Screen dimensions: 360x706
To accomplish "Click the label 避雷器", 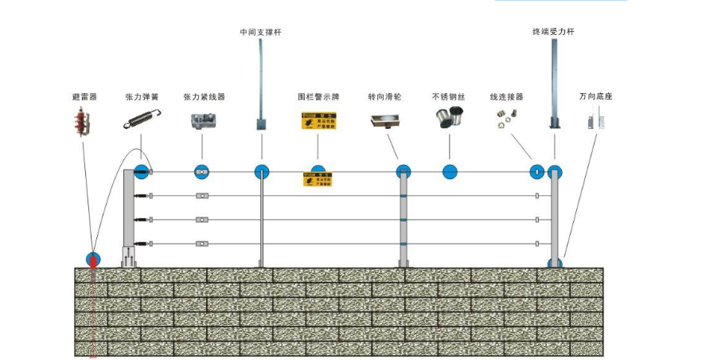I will [x=84, y=97].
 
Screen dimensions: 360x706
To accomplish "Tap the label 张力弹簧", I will [x=142, y=97].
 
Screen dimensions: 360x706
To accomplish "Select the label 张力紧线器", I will [x=203, y=97].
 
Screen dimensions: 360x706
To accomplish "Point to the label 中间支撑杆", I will [x=261, y=33].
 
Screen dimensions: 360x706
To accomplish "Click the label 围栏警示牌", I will [x=318, y=97].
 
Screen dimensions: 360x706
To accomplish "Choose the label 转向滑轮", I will [x=384, y=97].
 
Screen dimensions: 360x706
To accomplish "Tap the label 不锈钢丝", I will [x=448, y=97].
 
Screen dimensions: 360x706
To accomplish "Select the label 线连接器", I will [x=507, y=97].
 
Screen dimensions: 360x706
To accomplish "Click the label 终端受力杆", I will [x=553, y=33].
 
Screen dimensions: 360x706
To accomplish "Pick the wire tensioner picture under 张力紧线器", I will [x=202, y=121].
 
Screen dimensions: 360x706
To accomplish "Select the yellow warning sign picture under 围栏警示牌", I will [x=318, y=120].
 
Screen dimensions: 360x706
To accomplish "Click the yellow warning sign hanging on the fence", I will [x=318, y=179].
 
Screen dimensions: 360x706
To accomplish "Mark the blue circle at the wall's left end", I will [x=93, y=260].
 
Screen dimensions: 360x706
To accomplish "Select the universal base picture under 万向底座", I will [x=596, y=122].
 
